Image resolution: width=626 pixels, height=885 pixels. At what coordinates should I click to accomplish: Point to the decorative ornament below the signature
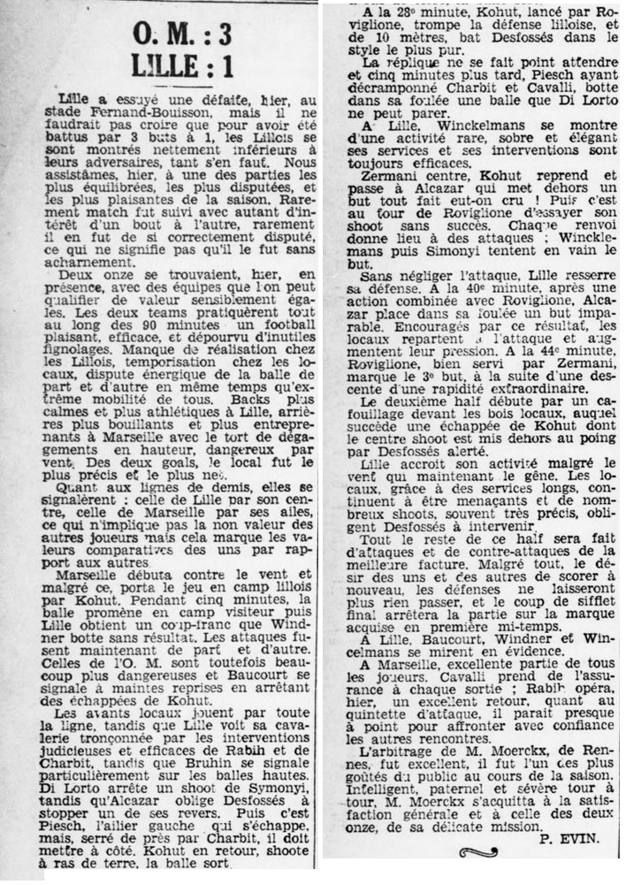click(x=478, y=853)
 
